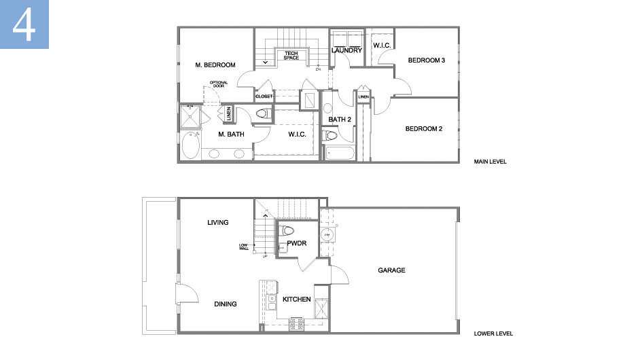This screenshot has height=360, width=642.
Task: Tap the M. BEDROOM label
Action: (215, 65)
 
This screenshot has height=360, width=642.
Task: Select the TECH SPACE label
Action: (291, 55)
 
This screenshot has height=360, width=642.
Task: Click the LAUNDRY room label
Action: (346, 50)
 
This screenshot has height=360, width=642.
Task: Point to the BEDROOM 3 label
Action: (426, 60)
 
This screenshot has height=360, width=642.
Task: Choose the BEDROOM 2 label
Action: (424, 129)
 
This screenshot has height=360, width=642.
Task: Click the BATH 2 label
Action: (339, 120)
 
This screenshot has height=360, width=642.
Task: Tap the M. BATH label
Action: (231, 134)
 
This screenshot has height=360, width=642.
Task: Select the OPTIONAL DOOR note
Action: (219, 84)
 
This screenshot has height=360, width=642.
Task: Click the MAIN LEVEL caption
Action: (491, 162)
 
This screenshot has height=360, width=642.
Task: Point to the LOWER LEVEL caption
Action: (493, 334)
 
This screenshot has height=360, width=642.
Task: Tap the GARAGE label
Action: (391, 270)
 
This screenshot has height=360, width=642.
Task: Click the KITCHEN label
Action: (297, 300)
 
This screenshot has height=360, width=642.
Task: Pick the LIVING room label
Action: (218, 223)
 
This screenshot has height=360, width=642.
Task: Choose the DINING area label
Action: (226, 304)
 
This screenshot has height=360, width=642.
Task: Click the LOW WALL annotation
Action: (243, 247)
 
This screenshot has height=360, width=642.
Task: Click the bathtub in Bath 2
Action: (340, 153)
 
